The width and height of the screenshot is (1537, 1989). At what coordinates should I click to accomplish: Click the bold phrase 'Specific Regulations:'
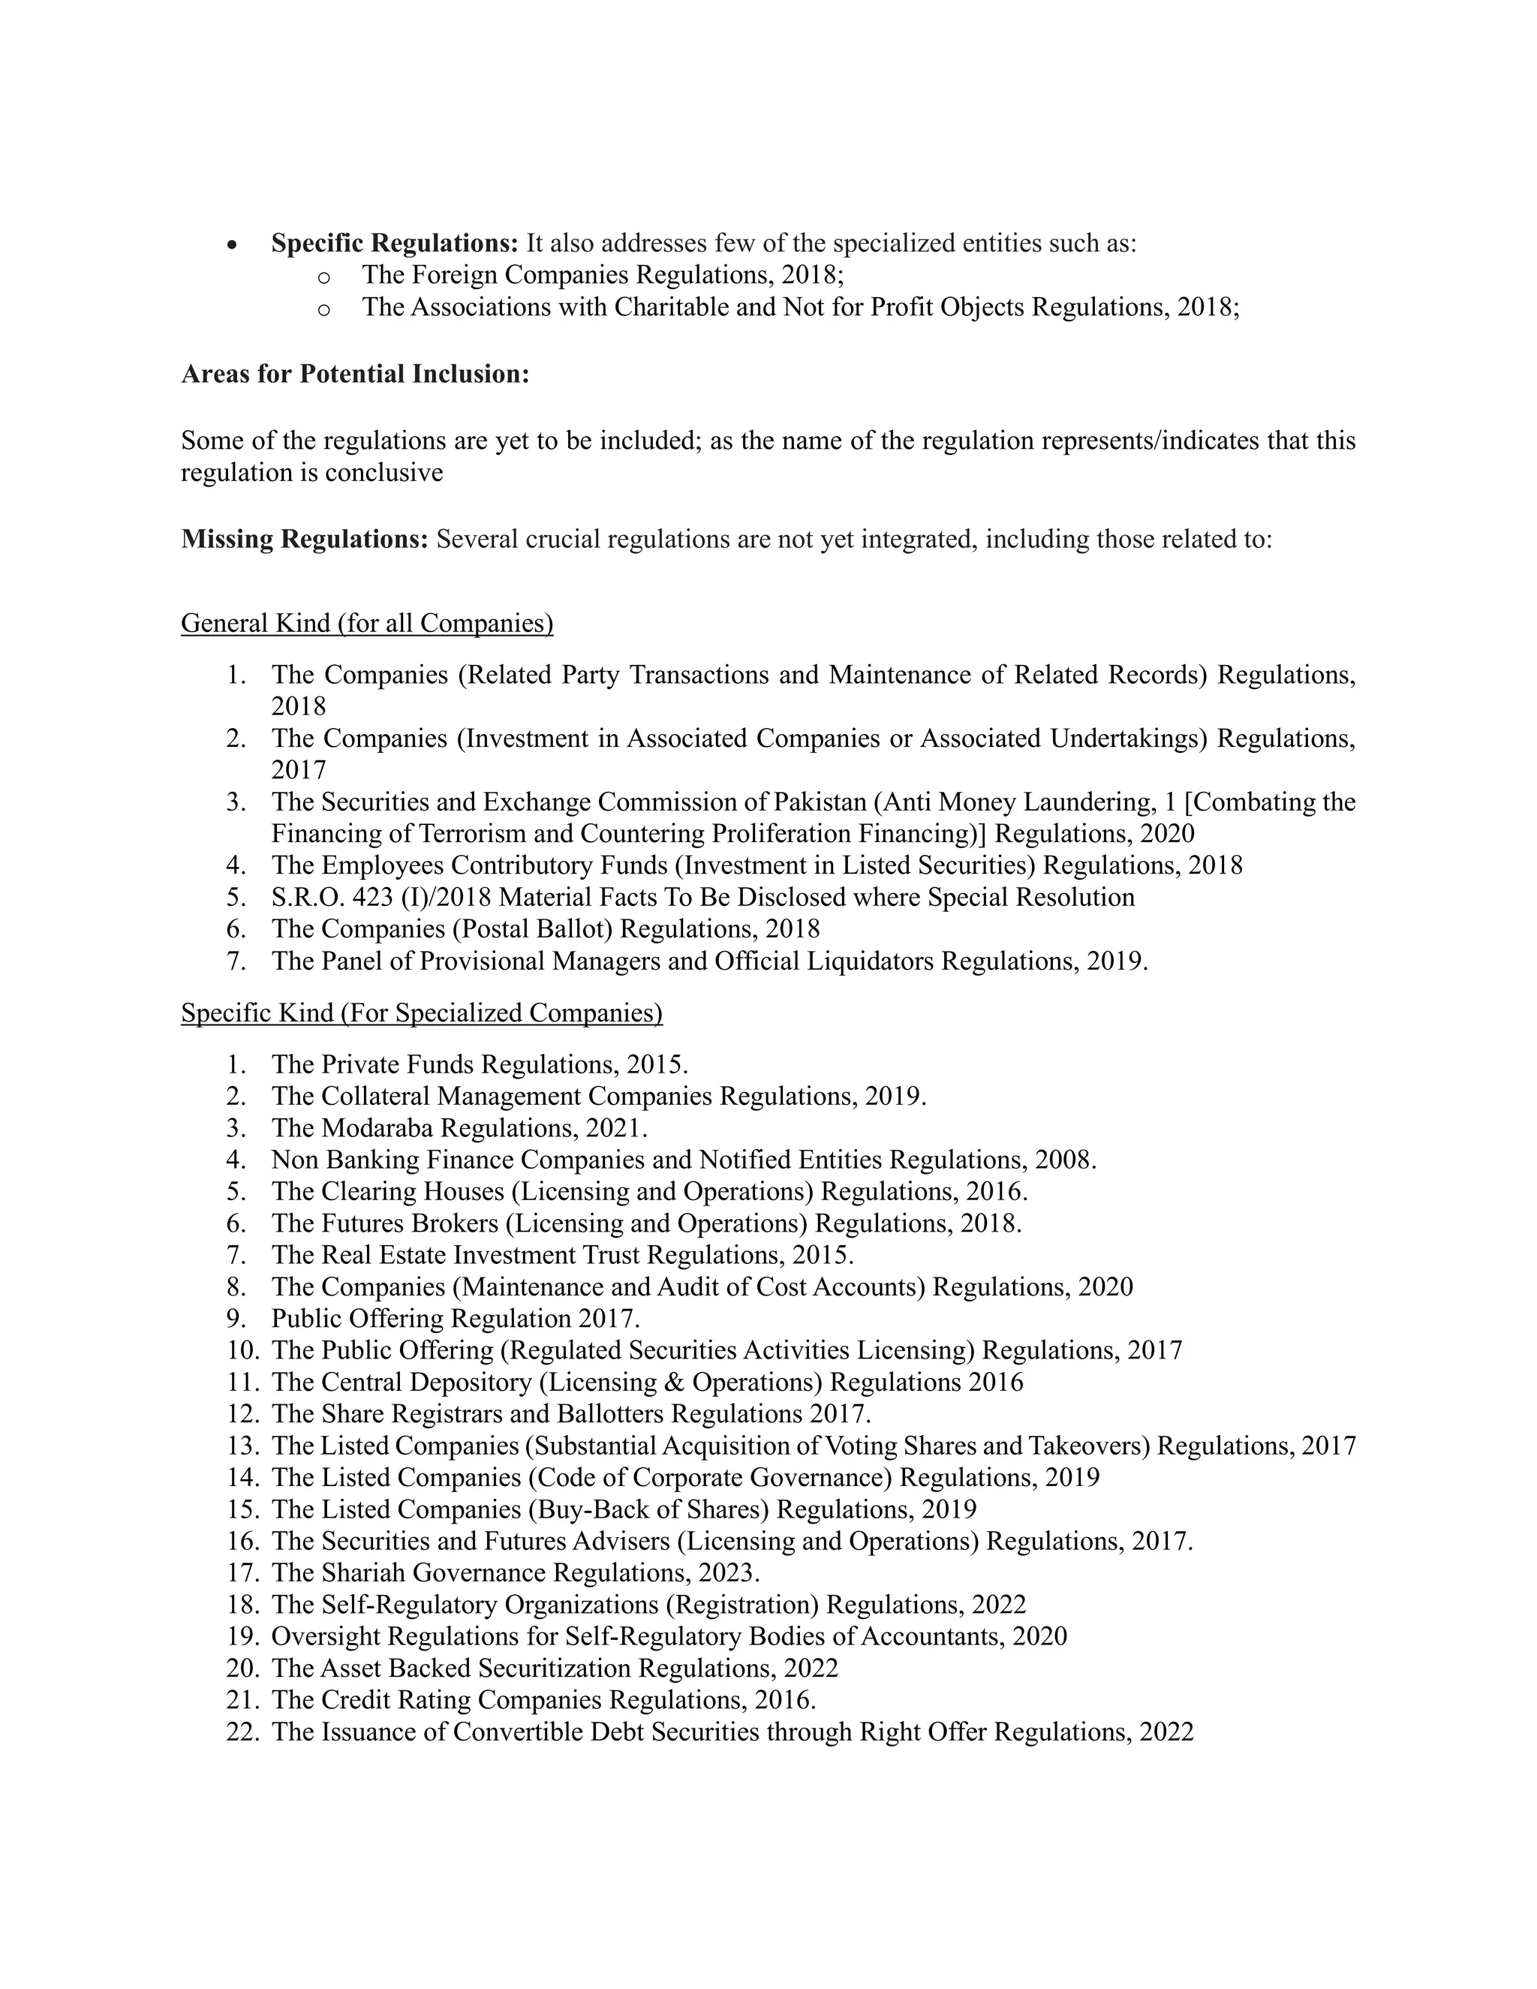[x=394, y=243]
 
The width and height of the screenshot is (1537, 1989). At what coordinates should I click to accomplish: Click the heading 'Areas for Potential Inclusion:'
[x=355, y=375]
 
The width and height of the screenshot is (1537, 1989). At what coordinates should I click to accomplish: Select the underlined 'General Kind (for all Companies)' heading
[x=367, y=623]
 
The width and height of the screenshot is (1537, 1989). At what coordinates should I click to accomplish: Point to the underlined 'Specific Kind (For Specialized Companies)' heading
[x=422, y=1013]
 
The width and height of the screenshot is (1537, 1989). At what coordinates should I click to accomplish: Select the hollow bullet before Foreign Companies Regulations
[x=324, y=277]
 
